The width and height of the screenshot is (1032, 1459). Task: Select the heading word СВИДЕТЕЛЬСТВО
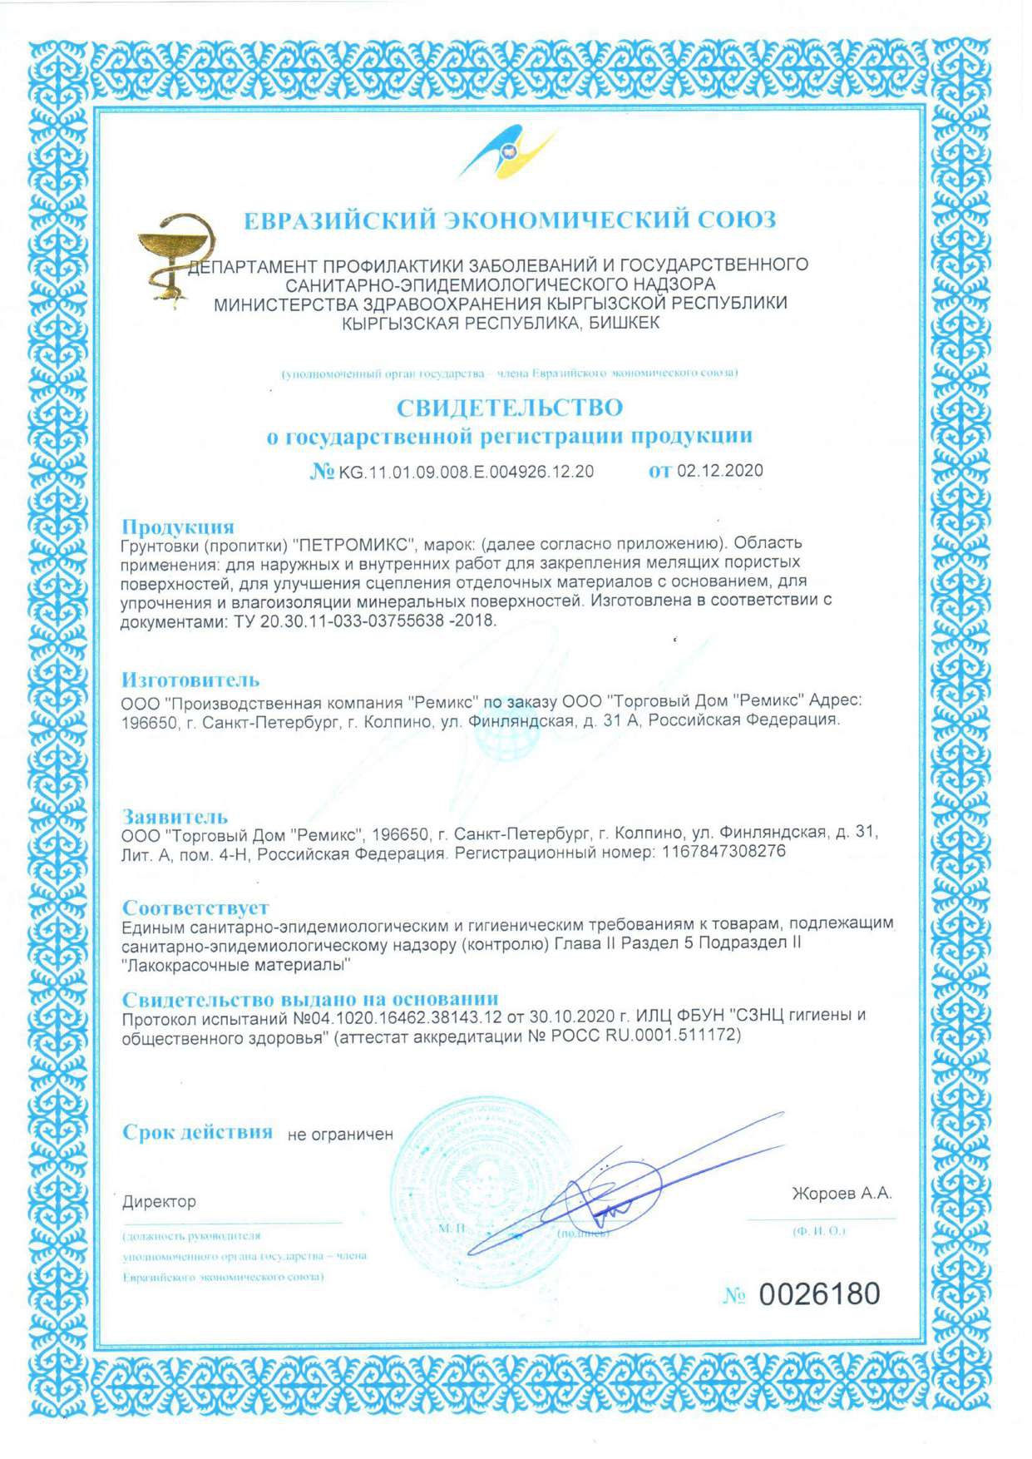(x=509, y=408)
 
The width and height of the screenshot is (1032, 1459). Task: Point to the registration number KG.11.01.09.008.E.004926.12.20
(x=466, y=472)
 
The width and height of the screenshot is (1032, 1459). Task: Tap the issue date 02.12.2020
(x=719, y=471)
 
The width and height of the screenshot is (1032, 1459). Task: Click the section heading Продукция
(x=178, y=527)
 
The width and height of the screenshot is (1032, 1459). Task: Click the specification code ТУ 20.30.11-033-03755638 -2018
(x=360, y=621)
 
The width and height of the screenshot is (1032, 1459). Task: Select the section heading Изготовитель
(x=190, y=680)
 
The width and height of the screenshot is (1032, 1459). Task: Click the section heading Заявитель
(x=175, y=816)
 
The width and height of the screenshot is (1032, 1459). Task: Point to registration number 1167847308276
(x=723, y=852)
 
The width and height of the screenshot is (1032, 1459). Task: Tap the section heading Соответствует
(x=195, y=908)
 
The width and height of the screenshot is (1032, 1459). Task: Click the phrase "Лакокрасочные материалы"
(x=236, y=965)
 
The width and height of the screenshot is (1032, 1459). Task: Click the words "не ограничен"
(x=340, y=1135)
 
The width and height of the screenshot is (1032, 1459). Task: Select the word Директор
(x=160, y=1202)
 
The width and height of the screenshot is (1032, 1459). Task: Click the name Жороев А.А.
(x=841, y=1194)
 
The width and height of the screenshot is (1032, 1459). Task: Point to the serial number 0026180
(x=819, y=1294)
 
